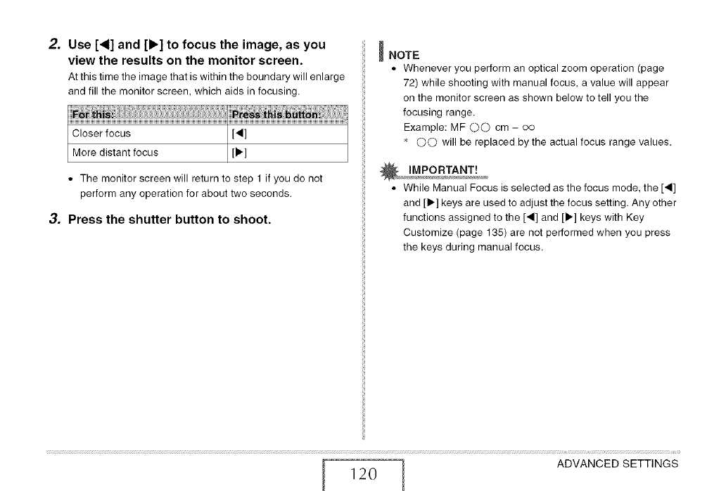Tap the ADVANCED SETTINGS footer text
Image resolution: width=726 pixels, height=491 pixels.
pyautogui.click(x=617, y=464)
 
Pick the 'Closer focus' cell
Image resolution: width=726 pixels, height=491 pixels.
pyautogui.click(x=102, y=133)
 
